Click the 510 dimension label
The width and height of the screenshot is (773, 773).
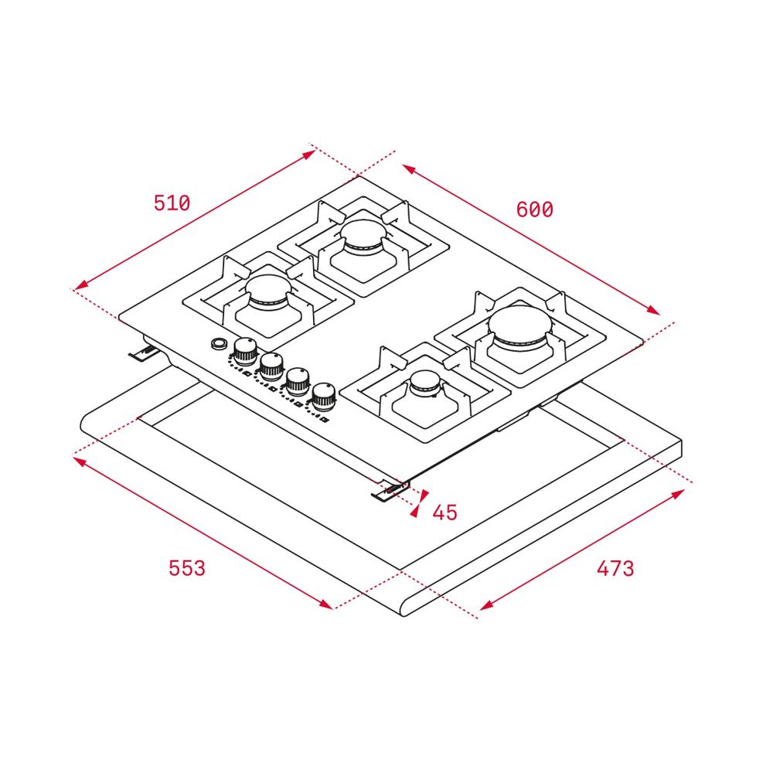(x=172, y=203)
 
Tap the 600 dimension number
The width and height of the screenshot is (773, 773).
(x=534, y=209)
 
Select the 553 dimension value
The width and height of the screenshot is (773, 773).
(x=187, y=568)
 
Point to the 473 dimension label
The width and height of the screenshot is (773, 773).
(x=615, y=568)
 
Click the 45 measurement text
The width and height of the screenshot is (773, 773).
(x=444, y=512)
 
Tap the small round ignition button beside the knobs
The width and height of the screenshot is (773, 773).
(x=217, y=343)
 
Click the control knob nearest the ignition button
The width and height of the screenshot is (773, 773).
(x=245, y=350)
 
